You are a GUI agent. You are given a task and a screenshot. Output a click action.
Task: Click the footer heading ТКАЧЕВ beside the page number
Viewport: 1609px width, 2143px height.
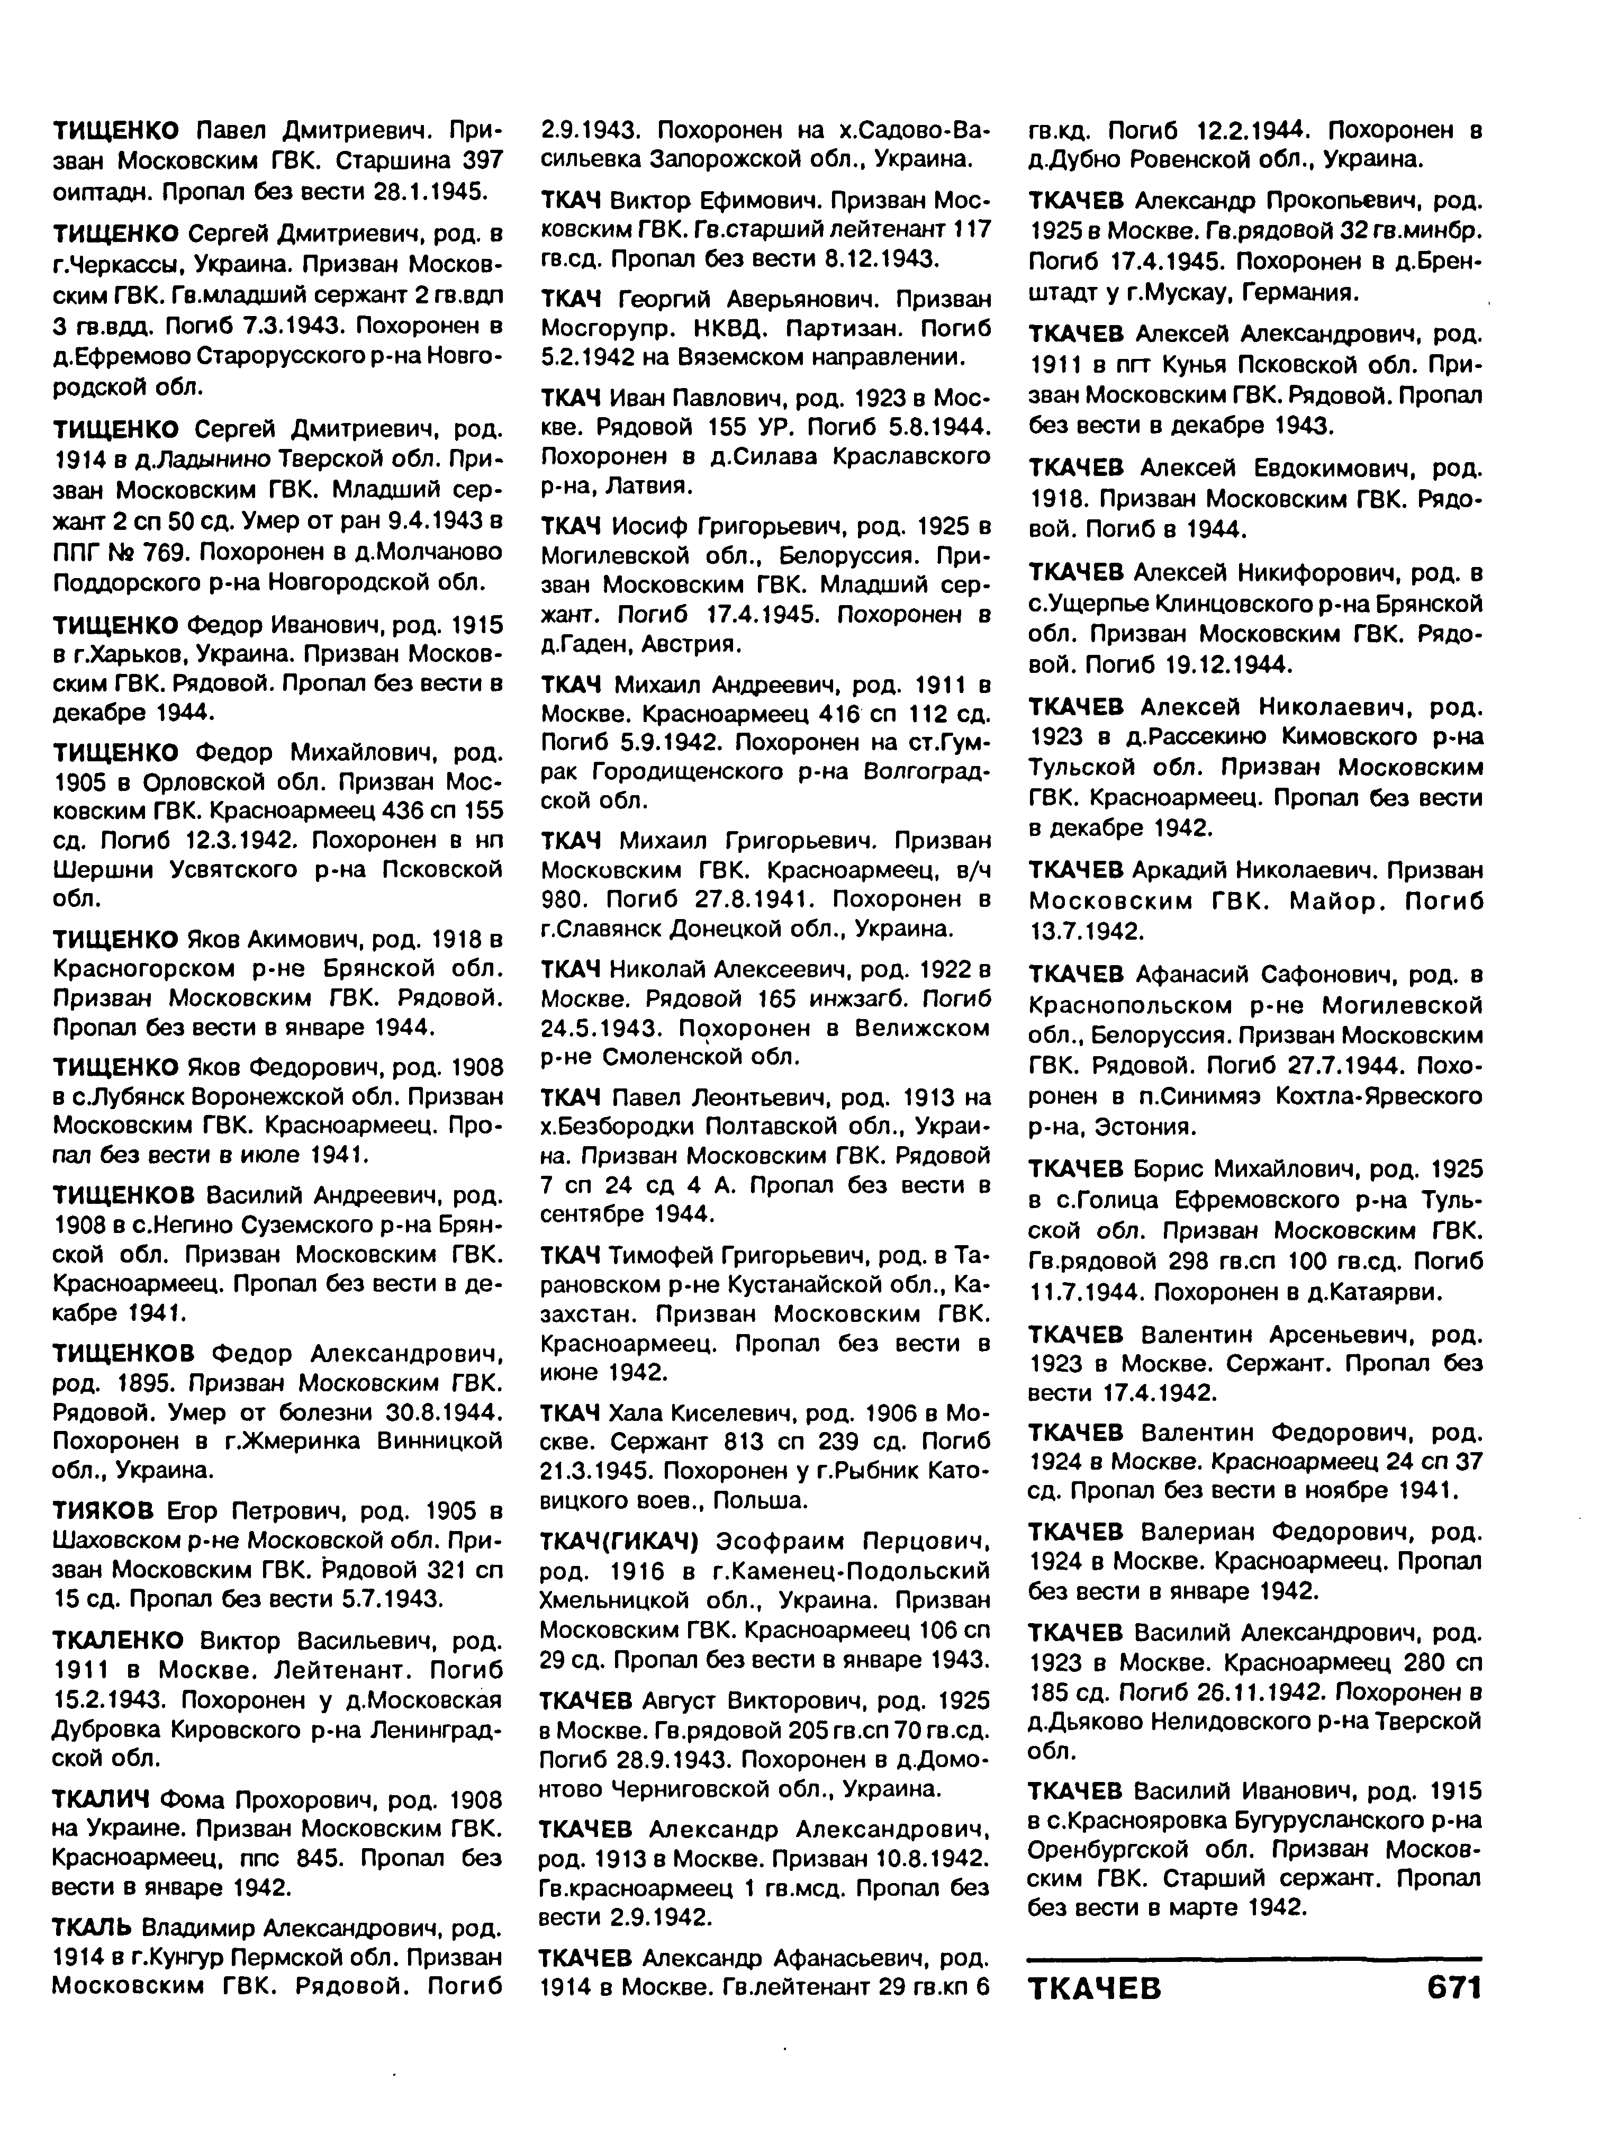[x=1095, y=1989]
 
